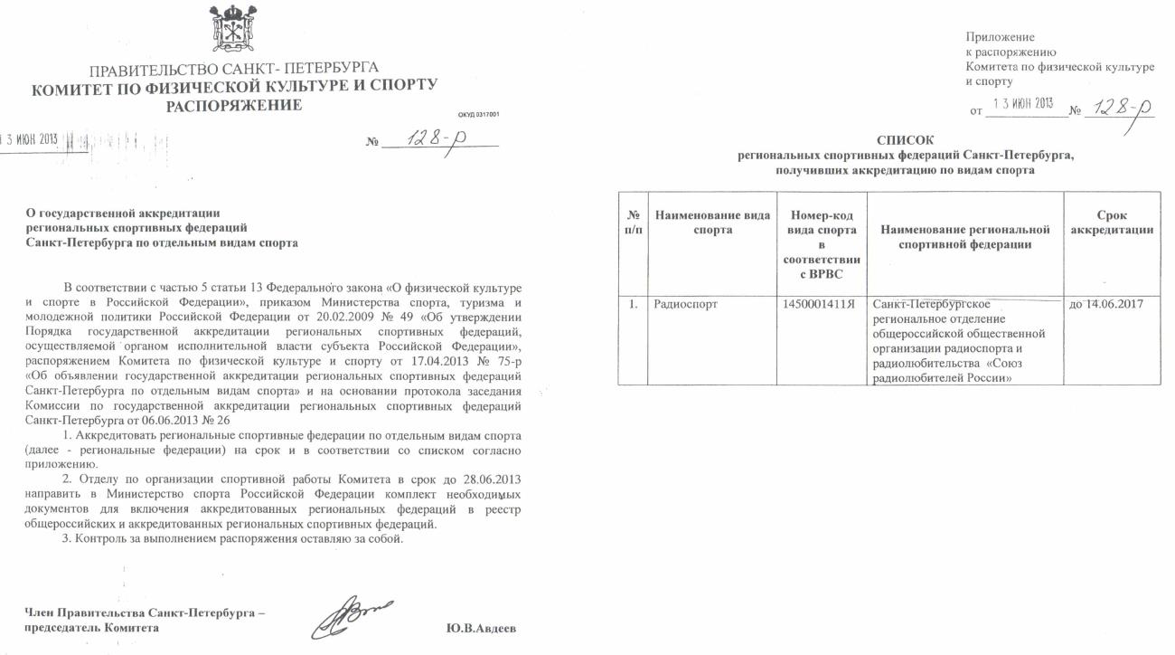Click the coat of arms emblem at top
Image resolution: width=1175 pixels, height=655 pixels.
(231, 27)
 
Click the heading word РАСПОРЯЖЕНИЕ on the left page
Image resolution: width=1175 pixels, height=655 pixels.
(233, 106)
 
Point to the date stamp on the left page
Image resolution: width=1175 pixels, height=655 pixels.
(29, 139)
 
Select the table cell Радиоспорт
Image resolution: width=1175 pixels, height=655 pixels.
(686, 305)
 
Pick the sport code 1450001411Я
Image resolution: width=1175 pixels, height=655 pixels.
(821, 305)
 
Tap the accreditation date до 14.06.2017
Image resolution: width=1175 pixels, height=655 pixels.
(1105, 304)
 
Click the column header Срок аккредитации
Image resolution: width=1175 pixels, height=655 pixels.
(1111, 223)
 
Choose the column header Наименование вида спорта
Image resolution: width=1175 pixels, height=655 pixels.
(712, 223)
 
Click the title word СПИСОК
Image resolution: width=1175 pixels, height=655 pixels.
(906, 140)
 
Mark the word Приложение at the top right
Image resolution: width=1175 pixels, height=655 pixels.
(1000, 37)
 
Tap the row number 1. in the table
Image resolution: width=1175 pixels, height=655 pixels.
(633, 305)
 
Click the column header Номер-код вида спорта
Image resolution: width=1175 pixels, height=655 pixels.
(821, 238)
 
